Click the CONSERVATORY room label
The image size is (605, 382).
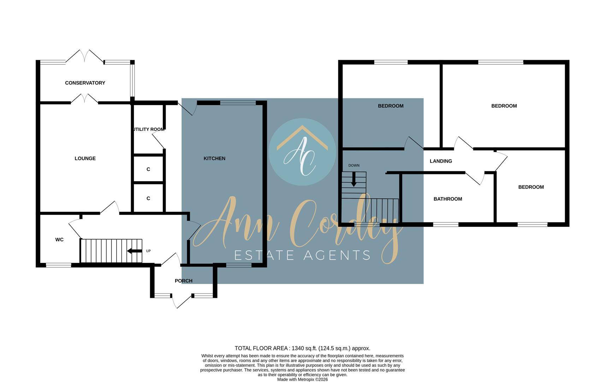click(85, 83)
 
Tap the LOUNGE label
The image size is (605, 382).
click(85, 158)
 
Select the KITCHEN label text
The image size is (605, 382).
click(214, 158)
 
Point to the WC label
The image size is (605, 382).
click(59, 240)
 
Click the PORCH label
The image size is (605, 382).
click(184, 281)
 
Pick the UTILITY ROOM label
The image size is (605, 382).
click(148, 129)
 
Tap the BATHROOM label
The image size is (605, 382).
click(448, 199)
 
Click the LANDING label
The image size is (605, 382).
click(441, 161)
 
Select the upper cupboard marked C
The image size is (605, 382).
click(148, 169)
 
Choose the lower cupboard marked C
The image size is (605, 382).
click(148, 198)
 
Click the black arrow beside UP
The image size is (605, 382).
click(134, 251)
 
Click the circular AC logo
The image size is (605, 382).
click(302, 152)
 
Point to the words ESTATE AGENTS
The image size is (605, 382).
click(302, 255)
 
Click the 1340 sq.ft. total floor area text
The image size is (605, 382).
click(302, 348)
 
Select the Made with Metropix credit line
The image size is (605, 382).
click(302, 380)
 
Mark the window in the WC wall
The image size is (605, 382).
click(59, 265)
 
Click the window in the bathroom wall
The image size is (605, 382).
click(446, 224)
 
